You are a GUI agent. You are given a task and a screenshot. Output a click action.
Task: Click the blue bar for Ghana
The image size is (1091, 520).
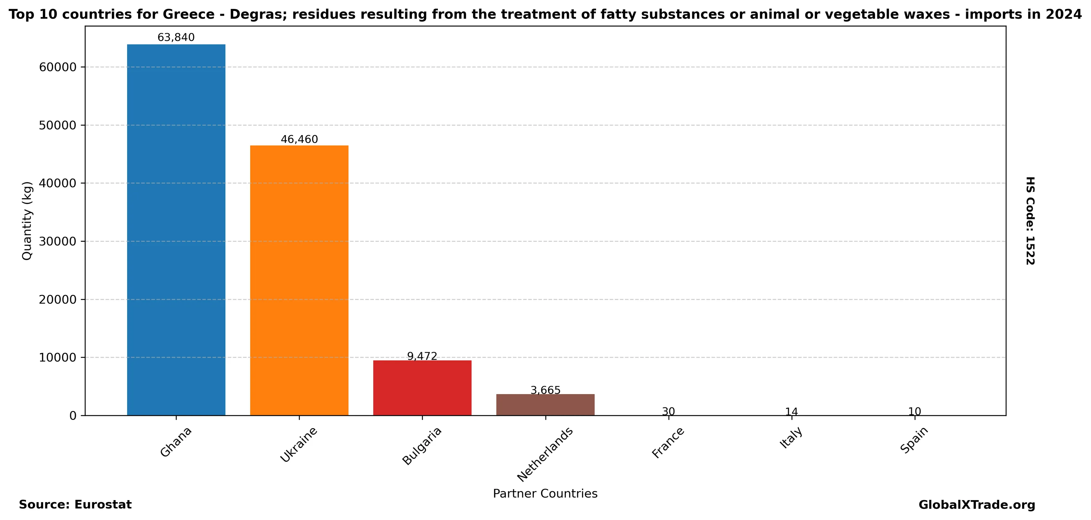coord(176,230)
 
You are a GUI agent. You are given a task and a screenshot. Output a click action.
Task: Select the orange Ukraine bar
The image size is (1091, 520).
coord(299,280)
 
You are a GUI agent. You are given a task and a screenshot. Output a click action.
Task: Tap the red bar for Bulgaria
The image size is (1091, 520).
coord(422,387)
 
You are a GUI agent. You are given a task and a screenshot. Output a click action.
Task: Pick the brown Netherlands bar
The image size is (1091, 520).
coord(545,404)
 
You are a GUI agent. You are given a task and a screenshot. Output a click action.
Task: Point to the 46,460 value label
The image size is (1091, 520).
coord(299,139)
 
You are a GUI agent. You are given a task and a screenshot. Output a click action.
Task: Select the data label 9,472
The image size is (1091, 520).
coord(422,356)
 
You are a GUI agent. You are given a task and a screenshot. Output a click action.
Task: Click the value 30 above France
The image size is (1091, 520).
coord(668,411)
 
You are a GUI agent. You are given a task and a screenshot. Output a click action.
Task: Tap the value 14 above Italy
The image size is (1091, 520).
coord(792,411)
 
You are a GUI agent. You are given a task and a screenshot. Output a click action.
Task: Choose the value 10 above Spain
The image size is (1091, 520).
coord(915,411)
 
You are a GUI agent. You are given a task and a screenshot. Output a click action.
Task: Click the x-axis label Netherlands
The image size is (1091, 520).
coord(545,454)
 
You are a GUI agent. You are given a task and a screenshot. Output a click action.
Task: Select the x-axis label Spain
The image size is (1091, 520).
coord(915,440)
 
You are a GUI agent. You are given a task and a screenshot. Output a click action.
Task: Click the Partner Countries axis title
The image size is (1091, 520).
coord(545,494)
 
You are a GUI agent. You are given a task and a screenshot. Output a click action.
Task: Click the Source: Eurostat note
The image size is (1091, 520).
coord(75,505)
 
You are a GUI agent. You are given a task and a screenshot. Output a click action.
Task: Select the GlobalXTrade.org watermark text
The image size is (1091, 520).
coord(977,505)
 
